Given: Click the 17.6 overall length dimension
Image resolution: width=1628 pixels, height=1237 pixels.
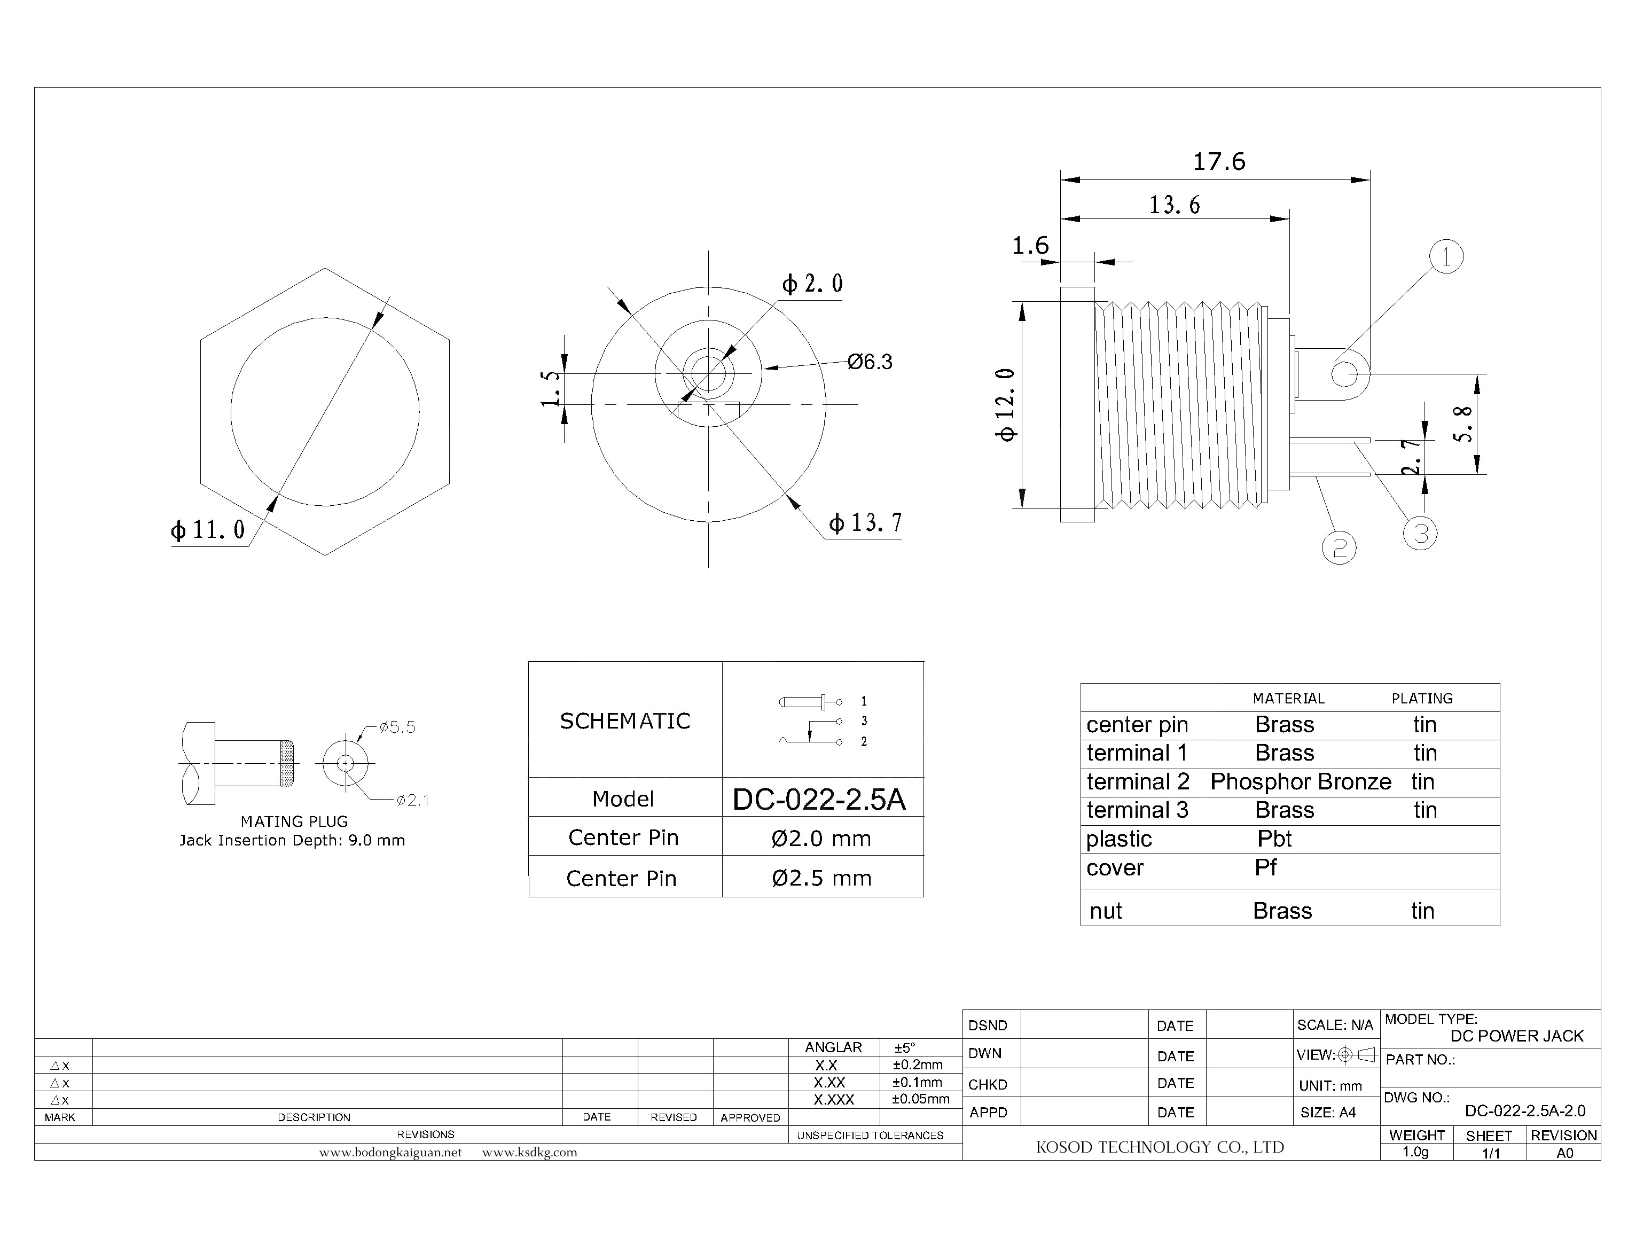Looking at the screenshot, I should point(1219,162).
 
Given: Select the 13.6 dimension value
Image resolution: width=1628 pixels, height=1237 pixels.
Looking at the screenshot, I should point(1175,205).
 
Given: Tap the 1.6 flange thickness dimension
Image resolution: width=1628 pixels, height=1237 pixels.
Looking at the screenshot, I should point(1030,245).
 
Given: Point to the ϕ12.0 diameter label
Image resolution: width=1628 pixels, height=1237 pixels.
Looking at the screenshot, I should point(1006,404).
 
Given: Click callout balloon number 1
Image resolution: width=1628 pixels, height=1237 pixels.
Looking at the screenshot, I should point(1445,257).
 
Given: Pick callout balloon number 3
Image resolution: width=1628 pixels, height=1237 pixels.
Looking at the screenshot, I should point(1420,533).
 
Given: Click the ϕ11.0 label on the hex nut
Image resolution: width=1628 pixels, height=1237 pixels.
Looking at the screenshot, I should point(208,529).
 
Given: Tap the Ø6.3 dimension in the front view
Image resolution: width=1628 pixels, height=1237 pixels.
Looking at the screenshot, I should point(870,362).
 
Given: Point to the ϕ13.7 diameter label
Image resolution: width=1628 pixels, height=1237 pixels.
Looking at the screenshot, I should point(865,523).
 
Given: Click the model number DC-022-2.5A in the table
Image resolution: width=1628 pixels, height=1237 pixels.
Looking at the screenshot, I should point(819,799).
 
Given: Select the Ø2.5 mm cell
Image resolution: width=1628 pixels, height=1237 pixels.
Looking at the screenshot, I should point(821,878).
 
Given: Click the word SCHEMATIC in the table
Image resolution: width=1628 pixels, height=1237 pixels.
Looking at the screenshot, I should point(625,721).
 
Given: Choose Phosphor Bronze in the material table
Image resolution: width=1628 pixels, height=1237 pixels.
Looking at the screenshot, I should point(1301,781).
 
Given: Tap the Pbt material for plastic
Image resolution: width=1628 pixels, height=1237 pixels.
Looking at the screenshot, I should point(1274,839).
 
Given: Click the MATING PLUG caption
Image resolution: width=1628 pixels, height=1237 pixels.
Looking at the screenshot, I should point(294,821).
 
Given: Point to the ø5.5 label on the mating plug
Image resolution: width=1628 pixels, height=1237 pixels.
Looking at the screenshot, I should point(397,727).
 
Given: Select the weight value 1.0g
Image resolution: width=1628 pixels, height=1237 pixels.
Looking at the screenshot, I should point(1415,1152).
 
